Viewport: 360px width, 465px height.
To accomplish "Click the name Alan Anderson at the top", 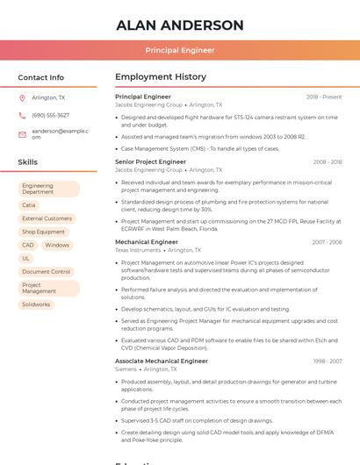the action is (180, 25).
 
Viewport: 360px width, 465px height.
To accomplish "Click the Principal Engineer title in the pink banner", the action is (180, 51).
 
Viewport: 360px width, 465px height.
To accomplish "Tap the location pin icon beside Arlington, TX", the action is (22, 97).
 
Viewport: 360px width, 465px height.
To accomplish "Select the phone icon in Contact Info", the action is (22, 115).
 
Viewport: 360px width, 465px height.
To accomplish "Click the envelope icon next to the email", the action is (22, 134).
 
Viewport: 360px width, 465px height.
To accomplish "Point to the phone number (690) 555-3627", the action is (50, 115).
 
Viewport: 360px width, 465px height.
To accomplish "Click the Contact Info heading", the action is (40, 77).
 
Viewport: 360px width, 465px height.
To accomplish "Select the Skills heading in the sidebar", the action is (27, 162).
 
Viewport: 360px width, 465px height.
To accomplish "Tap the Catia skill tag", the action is (29, 205).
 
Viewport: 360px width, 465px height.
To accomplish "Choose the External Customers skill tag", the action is (47, 218).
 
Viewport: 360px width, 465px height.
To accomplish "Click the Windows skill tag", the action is (57, 246).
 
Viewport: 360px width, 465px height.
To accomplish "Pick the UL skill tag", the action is (26, 259).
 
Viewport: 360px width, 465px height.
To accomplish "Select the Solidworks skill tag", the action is (36, 304).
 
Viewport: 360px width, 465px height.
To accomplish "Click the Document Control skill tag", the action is (47, 272).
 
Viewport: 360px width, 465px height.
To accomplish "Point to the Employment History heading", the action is (161, 77).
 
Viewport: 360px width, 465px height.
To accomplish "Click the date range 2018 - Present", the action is (324, 97).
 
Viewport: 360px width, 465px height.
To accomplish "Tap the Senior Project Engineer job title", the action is (150, 162).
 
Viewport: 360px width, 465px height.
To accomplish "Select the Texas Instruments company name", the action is (138, 250).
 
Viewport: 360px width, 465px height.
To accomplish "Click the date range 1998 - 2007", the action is (328, 361).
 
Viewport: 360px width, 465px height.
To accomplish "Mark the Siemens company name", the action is (126, 369).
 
